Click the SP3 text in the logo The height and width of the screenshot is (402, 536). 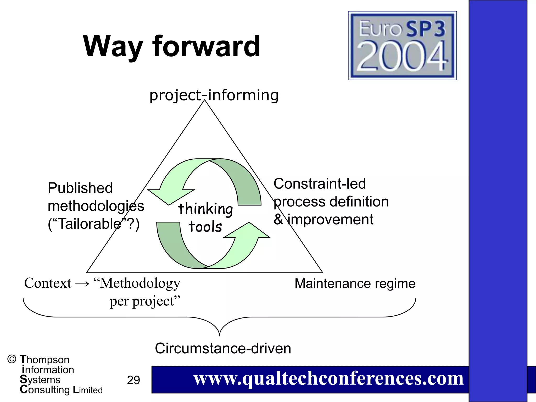(x=425, y=29)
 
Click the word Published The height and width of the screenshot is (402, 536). (x=80, y=188)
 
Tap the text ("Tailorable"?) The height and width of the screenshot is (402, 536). (x=93, y=224)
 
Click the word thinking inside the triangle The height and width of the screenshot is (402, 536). (x=205, y=209)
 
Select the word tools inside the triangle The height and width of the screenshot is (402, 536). (x=205, y=227)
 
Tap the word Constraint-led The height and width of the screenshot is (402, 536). (x=320, y=183)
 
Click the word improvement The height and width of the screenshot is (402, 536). (x=330, y=219)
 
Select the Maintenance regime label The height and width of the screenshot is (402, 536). (x=355, y=283)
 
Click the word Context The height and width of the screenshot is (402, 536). (x=48, y=283)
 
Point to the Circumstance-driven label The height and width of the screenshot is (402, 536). (x=223, y=348)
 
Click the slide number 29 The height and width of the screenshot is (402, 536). (x=133, y=380)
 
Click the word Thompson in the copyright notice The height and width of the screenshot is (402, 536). (x=44, y=360)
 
